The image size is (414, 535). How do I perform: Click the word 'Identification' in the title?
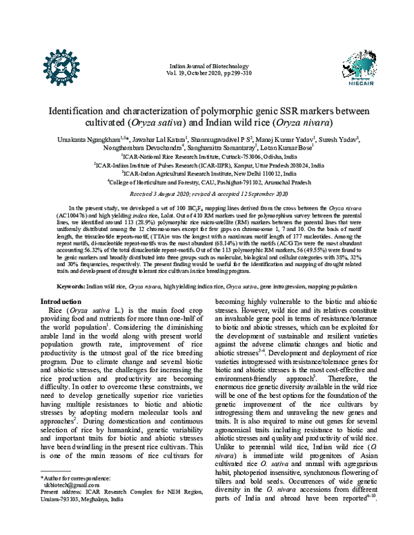77,110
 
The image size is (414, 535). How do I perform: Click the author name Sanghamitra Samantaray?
221,148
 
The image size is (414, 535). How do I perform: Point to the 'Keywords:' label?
71,285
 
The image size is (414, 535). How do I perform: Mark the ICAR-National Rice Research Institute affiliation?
206,157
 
